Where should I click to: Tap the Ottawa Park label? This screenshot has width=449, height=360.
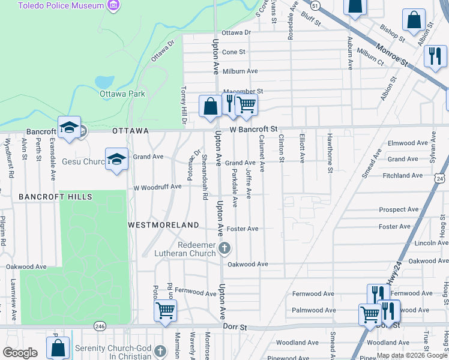click(122, 94)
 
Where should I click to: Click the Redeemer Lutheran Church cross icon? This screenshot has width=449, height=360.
click(224, 248)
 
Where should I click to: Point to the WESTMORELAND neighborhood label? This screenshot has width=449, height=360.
click(163, 224)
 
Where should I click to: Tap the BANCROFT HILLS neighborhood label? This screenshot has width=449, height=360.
click(55, 197)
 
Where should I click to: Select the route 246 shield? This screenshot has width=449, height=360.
click(100, 326)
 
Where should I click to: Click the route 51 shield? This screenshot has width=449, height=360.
click(316, 5)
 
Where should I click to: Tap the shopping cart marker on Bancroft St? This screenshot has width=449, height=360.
click(246, 104)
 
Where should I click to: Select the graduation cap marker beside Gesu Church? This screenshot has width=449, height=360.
click(116, 159)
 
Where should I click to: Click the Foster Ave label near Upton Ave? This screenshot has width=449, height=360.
click(243, 229)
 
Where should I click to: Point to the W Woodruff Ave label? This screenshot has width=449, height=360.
click(157, 187)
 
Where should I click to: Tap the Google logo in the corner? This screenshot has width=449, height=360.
click(20, 353)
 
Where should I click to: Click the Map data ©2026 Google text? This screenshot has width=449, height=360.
click(412, 355)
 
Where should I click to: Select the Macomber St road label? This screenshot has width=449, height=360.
click(243, 91)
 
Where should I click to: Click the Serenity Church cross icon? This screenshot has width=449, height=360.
click(160, 349)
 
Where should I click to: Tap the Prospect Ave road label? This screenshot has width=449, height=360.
click(399, 209)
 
